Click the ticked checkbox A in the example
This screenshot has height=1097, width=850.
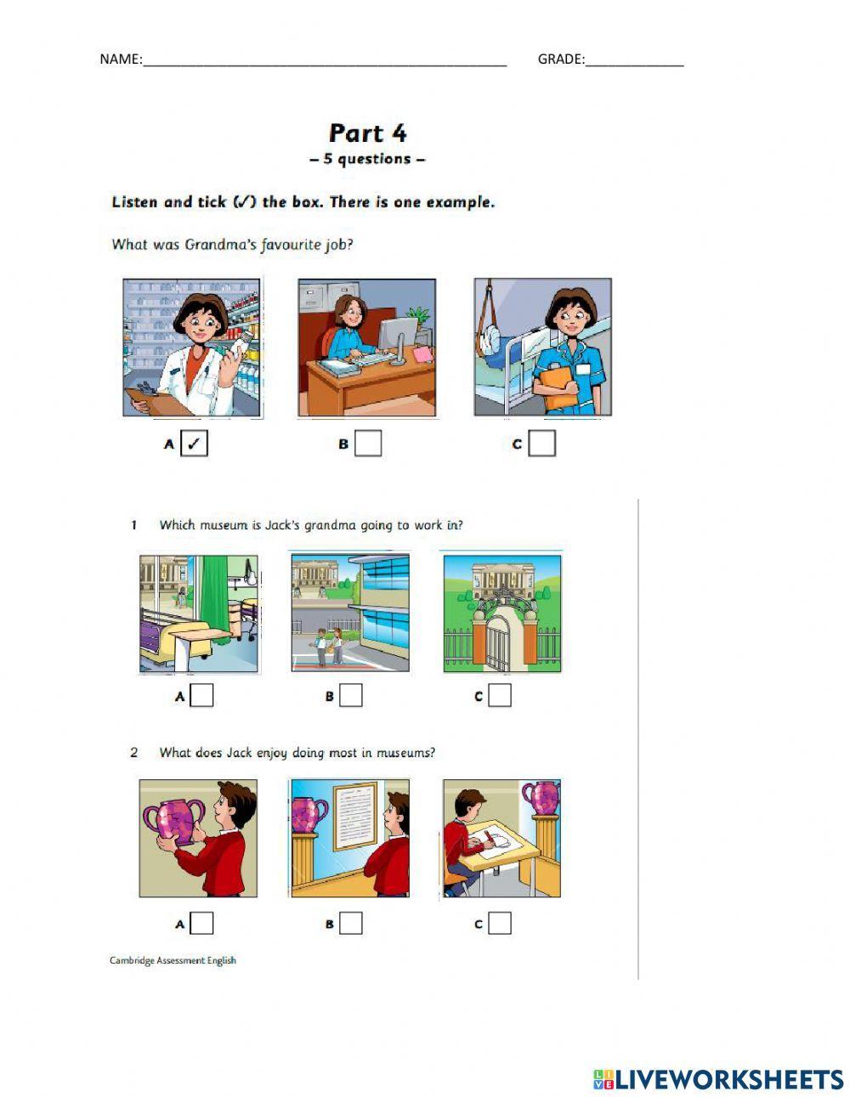point(194,444)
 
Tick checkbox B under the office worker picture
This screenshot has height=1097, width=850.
point(368,444)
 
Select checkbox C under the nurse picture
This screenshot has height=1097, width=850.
point(542,444)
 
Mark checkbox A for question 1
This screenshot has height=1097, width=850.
point(201,696)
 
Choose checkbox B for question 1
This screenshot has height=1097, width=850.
point(351,696)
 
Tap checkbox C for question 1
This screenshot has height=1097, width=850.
point(500,696)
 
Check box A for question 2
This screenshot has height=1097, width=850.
point(201,924)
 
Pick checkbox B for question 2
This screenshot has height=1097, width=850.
point(351,924)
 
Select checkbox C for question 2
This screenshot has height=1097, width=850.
point(500,924)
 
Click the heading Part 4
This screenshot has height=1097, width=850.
point(367,133)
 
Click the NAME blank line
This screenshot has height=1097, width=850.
point(325,65)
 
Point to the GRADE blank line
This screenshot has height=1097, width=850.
point(634,65)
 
